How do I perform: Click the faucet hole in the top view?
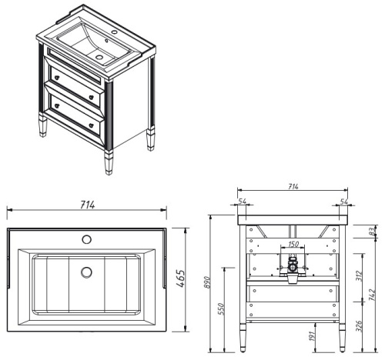coord(86,238)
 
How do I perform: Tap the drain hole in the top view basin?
coord(86,271)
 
